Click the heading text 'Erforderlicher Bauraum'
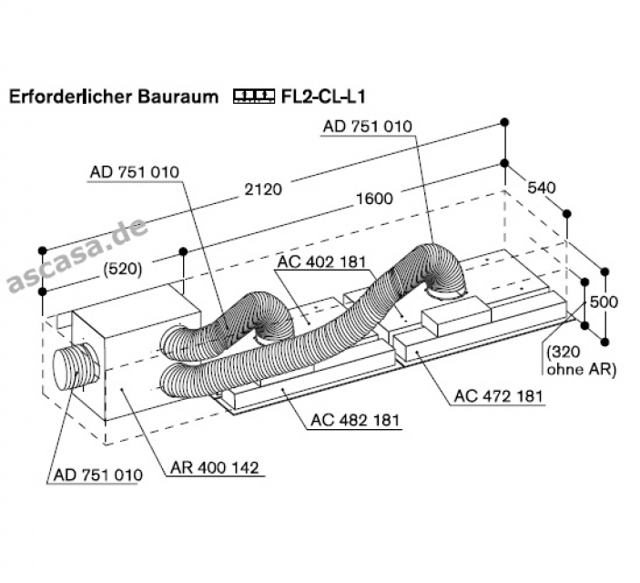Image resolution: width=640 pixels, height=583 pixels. pos(113,96)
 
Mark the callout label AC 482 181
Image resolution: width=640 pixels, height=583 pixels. pos(356,420)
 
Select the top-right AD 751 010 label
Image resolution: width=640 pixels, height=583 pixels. pos(367,127)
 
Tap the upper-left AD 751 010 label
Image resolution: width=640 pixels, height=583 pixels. pos(135,172)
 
